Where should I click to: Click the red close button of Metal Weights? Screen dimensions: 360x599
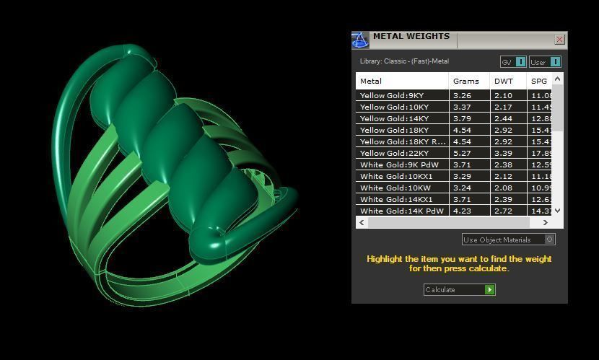(559, 40)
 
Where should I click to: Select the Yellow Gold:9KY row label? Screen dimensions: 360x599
(393, 95)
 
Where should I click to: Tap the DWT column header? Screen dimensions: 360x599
(504, 81)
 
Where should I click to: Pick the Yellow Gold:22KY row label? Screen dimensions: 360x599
(395, 153)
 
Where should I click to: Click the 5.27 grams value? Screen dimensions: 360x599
(462, 153)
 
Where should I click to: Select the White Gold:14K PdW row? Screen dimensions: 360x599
(402, 211)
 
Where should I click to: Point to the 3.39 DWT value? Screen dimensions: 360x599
(504, 153)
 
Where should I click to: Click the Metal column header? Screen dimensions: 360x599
(371, 81)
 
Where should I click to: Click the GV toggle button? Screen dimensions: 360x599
(513, 62)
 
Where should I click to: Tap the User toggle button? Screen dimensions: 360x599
(545, 62)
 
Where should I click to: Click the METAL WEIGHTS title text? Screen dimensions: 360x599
(411, 36)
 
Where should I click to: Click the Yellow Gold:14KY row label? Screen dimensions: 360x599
(394, 118)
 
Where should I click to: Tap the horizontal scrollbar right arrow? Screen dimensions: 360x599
(546, 223)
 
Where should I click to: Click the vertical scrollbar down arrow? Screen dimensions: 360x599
(557, 211)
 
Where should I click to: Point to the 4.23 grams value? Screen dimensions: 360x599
(462, 211)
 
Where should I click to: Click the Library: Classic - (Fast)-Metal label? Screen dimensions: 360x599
(404, 61)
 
